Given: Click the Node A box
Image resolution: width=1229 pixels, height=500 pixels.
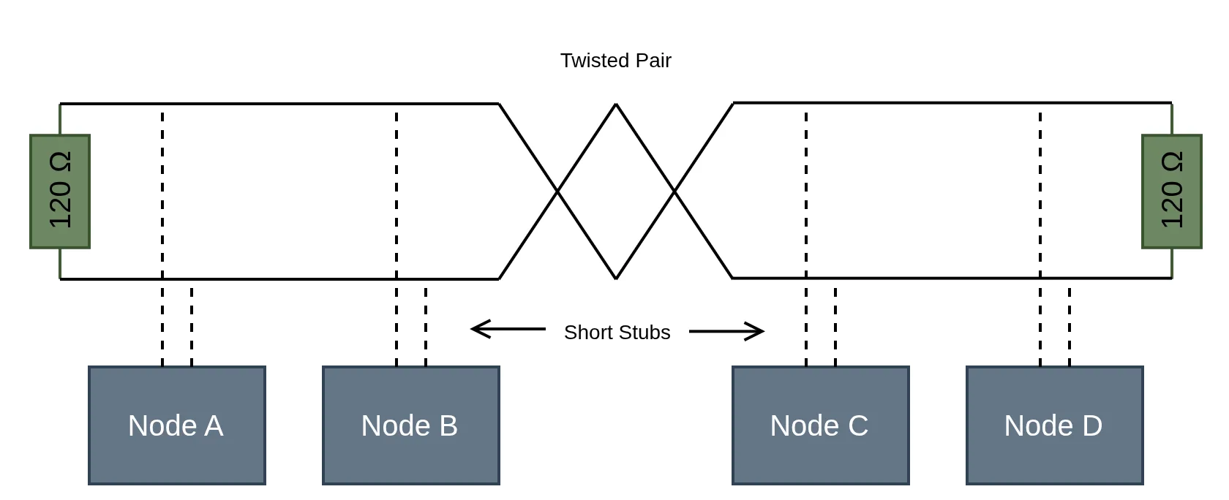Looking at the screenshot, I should pos(176,425).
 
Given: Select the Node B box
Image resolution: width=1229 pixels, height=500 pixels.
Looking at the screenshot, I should pos(410,425).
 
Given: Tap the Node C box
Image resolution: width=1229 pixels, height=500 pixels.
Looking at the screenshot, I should pos(820,425).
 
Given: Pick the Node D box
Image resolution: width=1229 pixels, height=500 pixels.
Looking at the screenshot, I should pos(1054,425).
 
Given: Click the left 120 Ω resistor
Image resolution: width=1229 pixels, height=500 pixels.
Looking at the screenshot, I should pos(60,192).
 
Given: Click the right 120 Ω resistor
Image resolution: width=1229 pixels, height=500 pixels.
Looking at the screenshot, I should pos(1171,192).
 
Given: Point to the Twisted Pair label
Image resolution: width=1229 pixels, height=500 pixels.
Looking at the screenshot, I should pos(615,61).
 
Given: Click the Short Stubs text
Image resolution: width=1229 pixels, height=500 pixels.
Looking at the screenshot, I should pos(617,333).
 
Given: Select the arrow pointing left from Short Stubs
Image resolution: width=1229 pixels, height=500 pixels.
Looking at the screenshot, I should pos(508,330).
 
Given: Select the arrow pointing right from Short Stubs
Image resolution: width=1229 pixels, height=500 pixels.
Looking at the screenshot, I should pos(726,332).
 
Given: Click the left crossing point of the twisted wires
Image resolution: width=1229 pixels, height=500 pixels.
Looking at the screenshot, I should pos(557,192).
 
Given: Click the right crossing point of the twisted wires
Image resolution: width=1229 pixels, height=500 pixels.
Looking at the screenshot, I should pos(674,192).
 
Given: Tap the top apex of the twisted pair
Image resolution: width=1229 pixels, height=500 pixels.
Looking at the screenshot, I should pos(616,105).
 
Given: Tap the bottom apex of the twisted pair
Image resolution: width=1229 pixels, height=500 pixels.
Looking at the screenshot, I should pos(616,278).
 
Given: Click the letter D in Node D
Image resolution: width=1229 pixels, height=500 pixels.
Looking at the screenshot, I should pos(1091,426).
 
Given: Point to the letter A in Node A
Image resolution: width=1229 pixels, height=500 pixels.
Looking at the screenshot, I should pos(214,426).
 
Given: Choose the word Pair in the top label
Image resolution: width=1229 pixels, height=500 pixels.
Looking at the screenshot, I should pos(653,61).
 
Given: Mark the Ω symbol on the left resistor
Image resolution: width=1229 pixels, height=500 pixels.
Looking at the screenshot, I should pos(60,162).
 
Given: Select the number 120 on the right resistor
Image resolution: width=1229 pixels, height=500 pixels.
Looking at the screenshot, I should pos(1172,205).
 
